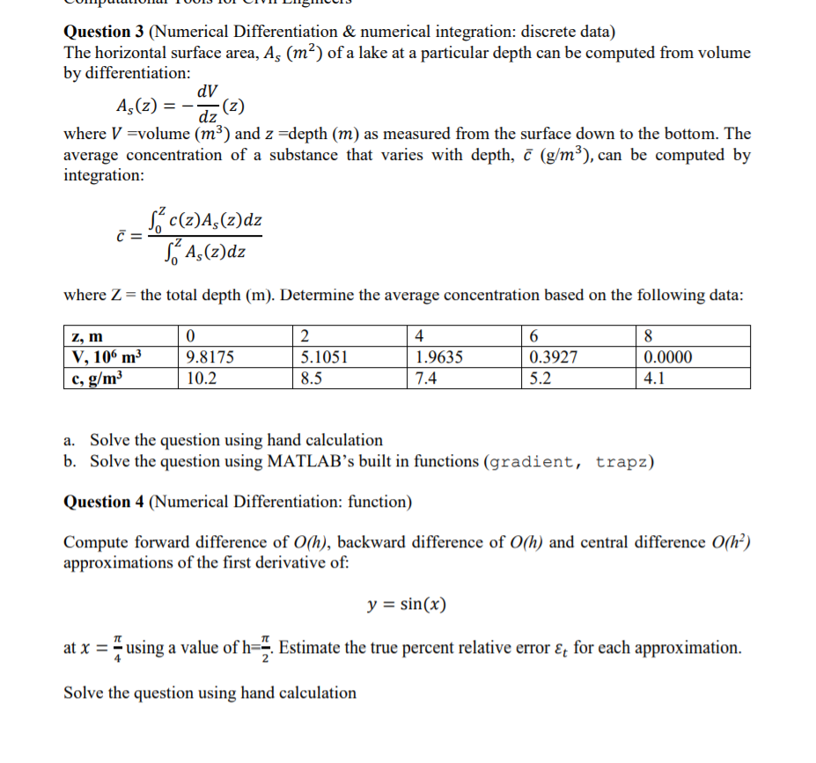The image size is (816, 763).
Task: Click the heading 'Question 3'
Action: point(103,33)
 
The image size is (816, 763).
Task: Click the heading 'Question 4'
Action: point(103,502)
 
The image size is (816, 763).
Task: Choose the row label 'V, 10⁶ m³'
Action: point(106,357)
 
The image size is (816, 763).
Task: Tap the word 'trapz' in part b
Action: point(621,462)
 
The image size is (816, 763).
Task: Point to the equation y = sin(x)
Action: point(407,605)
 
